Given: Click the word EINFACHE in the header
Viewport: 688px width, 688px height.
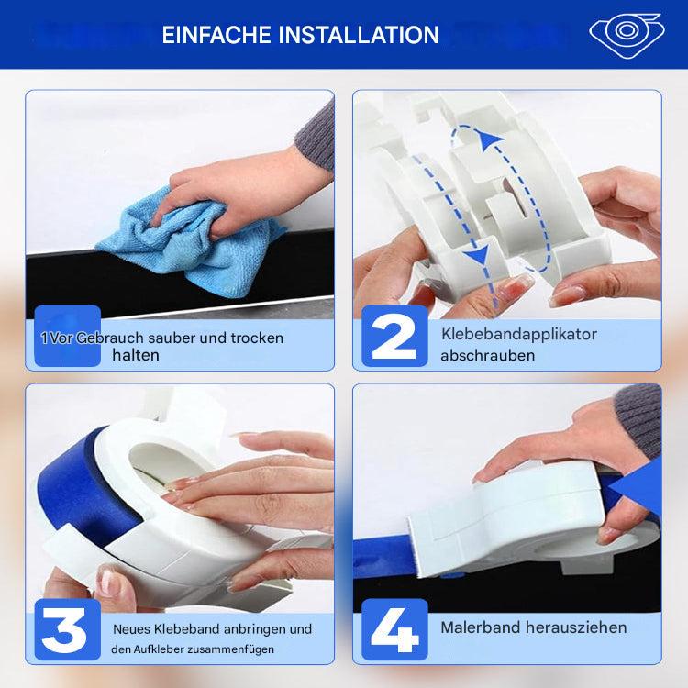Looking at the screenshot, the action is click(x=216, y=35).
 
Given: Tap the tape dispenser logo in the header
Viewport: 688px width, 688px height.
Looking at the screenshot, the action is click(x=627, y=35).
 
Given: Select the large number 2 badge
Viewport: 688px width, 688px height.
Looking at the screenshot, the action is click(x=394, y=336).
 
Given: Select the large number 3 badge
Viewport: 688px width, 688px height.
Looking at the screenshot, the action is click(x=68, y=629).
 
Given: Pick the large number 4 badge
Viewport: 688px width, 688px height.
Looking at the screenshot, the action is click(x=394, y=629).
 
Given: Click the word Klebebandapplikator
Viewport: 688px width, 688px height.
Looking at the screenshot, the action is click(x=519, y=334).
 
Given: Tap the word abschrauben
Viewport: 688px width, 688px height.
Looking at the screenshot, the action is click(x=488, y=355).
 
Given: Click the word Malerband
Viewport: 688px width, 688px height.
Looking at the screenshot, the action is click(x=481, y=627).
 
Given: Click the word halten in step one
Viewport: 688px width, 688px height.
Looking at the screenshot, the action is click(x=136, y=355).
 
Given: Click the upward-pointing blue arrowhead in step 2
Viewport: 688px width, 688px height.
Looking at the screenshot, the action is click(x=489, y=139).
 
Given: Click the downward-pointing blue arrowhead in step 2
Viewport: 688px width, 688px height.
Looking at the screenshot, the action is click(x=477, y=254).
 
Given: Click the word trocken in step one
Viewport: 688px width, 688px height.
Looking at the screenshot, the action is click(x=257, y=338).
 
